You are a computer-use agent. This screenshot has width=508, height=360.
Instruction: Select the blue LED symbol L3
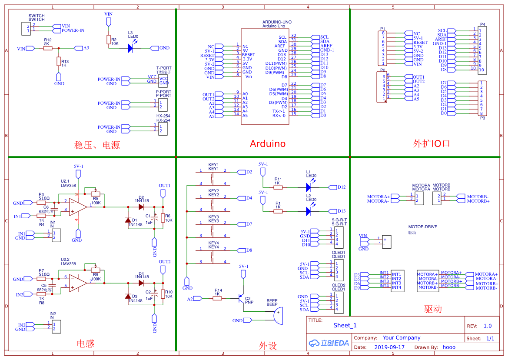(x=130, y=48)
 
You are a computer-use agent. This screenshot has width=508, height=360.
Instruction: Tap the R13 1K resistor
(x=58, y=62)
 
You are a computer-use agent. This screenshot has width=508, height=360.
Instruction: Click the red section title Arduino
(x=267, y=143)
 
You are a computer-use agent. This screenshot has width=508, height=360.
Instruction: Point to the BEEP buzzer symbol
(x=278, y=316)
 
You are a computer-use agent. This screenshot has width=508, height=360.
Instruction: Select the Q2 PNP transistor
(x=241, y=299)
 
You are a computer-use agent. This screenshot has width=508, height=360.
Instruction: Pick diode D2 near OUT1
(x=141, y=207)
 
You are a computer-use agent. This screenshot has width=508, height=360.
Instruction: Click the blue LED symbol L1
(x=309, y=187)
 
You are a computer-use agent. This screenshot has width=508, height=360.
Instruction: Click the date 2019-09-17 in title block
(x=389, y=347)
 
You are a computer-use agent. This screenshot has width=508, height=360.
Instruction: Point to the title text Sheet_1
(x=345, y=325)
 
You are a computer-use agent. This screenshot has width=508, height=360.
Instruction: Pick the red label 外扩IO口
(x=432, y=143)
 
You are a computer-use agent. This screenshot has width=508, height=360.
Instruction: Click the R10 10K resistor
(x=163, y=294)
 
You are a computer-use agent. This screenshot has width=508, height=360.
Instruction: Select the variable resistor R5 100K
(x=96, y=194)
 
